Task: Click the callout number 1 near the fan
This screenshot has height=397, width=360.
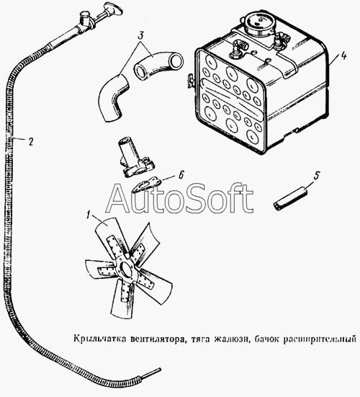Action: pos(88,215)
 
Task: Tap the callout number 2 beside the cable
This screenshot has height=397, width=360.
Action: pos(31,142)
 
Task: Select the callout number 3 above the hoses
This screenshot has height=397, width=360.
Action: pos(140,36)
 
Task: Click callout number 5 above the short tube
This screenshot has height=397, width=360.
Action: pos(317,176)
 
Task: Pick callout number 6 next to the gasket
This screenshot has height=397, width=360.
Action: pos(181,175)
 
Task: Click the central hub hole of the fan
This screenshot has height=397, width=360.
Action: pos(127,270)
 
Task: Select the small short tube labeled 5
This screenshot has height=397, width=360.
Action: pos(291,201)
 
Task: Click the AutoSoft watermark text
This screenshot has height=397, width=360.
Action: pos(179,198)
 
